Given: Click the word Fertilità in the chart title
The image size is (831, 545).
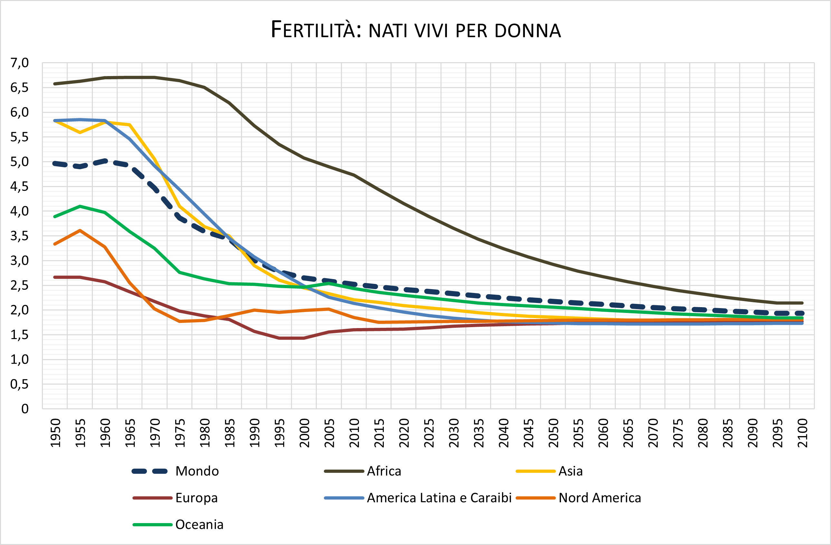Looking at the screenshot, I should (316, 30).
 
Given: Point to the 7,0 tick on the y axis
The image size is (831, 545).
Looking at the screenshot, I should (20, 63).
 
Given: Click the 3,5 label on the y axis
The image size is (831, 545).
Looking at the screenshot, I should (20, 236).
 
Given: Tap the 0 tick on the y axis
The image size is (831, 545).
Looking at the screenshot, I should (25, 409).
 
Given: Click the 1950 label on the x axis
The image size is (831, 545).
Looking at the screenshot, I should (55, 433).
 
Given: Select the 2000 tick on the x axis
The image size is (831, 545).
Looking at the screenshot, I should (304, 433).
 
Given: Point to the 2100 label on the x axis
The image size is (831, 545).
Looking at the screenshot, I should (802, 433).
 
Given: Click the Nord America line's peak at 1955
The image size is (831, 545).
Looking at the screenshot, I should (80, 230).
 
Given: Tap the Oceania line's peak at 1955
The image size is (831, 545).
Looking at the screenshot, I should (80, 206).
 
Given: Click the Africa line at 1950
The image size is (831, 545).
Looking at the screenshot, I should (55, 84).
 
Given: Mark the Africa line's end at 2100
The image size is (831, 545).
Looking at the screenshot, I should (802, 303).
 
